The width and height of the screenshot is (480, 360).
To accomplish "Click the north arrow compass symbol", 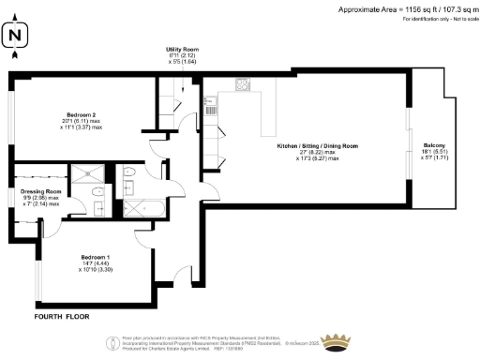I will [x=14, y=37].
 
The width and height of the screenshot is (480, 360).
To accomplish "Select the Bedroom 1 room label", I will [x=96, y=256].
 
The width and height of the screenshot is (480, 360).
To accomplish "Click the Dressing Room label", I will [x=39, y=191].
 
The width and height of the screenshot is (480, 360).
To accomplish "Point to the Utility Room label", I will [x=184, y=49].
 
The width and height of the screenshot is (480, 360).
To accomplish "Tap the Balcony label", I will [x=433, y=146].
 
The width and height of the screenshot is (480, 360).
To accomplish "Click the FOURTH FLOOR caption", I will [x=62, y=317].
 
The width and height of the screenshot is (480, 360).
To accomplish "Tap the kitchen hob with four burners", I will [x=243, y=84].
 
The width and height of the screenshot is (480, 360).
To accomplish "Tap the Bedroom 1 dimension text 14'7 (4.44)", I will [x=96, y=263].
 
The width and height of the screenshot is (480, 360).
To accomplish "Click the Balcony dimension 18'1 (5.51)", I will [x=433, y=154].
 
